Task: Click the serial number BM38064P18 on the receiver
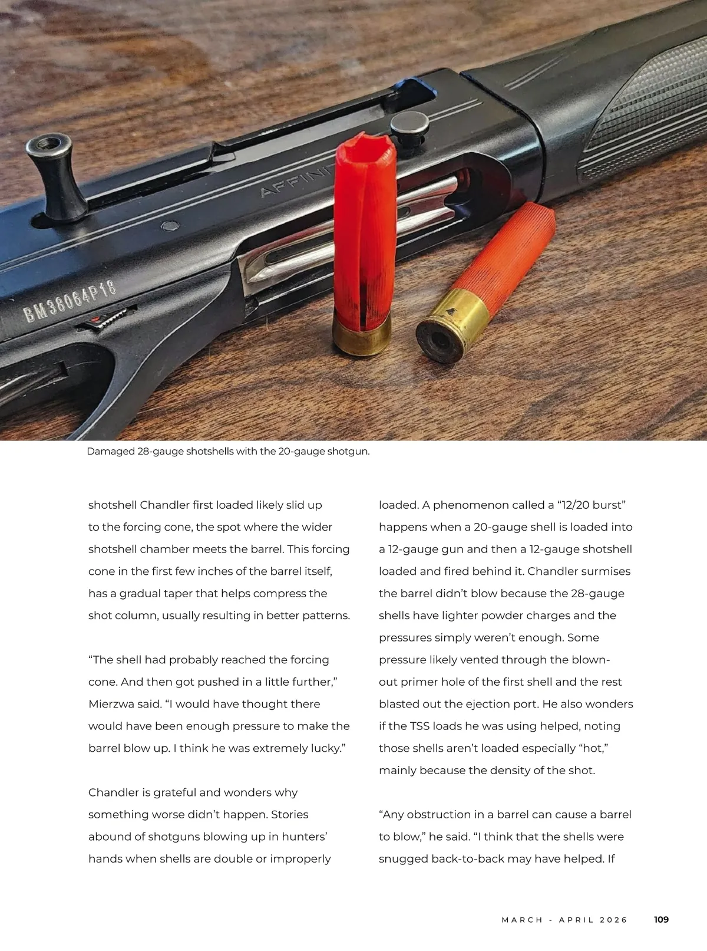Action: click(x=70, y=301)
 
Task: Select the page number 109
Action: click(x=661, y=919)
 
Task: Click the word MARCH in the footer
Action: click(x=522, y=920)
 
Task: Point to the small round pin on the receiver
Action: click(x=170, y=226)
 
